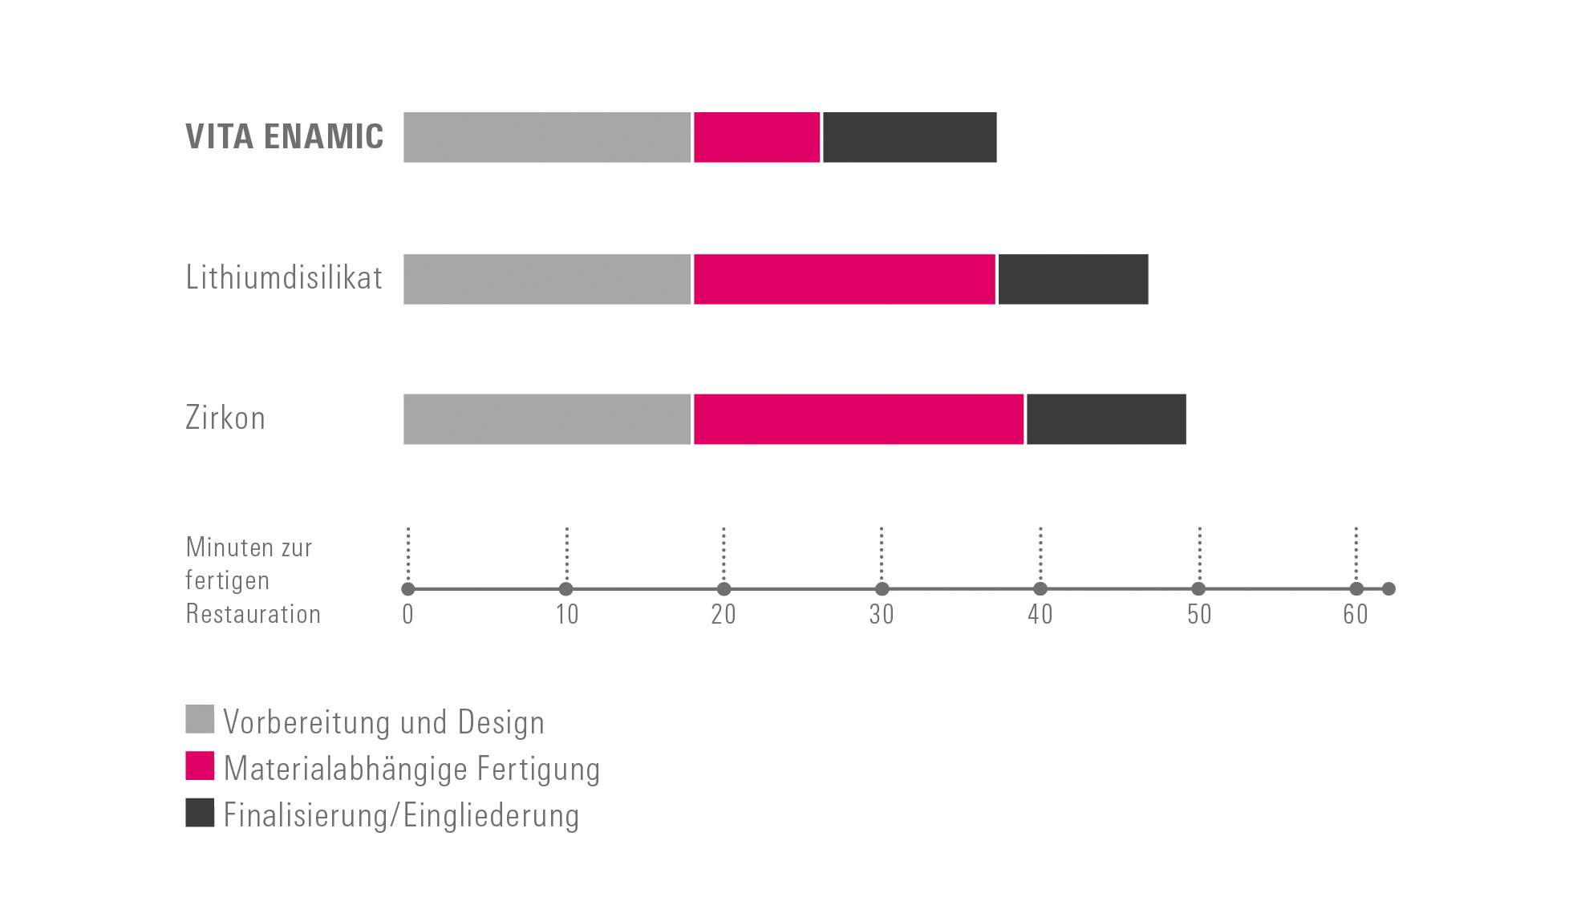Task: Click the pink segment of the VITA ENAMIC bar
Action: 757,137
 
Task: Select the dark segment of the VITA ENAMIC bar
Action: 910,137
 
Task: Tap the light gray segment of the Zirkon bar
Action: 547,419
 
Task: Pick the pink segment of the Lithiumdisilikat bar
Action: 845,279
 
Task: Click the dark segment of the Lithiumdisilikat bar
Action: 1073,279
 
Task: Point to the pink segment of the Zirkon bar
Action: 859,419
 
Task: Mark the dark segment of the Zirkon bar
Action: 1106,419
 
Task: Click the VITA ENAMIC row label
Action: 285,136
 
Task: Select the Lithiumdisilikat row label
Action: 284,277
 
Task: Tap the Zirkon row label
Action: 225,418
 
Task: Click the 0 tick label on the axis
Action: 408,614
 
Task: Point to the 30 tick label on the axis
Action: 882,614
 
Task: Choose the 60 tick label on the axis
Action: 1356,614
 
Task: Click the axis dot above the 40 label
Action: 1040,589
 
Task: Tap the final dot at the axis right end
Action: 1389,589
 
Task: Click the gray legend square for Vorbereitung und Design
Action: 200,719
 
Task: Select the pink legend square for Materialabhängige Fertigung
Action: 200,766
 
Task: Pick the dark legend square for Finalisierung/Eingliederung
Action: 200,812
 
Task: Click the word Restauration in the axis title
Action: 253,614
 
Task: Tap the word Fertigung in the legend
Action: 538,770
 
